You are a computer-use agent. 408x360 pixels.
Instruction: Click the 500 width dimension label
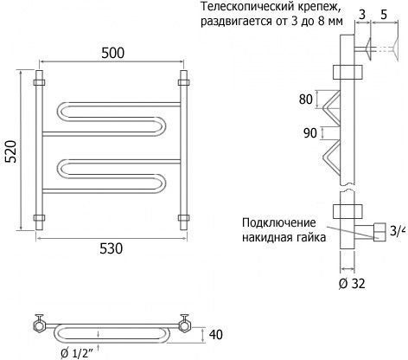click(x=113, y=53)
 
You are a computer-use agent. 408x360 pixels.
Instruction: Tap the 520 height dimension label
click(x=11, y=151)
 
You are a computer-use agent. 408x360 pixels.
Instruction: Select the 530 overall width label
click(x=112, y=248)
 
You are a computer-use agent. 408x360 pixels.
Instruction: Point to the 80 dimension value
click(x=306, y=100)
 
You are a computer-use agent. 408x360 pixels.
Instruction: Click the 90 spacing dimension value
click(x=310, y=133)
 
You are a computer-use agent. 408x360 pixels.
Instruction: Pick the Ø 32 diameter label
click(x=352, y=284)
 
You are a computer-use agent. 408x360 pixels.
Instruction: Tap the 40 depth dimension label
click(x=216, y=335)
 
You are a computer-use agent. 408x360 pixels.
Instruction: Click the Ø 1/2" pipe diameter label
click(x=77, y=353)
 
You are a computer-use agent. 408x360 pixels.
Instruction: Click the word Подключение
click(x=279, y=222)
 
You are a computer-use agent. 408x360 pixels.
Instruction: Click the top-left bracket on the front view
click(x=39, y=82)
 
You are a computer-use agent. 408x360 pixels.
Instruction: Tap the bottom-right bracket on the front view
click(x=183, y=217)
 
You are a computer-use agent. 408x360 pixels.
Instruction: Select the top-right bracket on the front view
click(x=183, y=82)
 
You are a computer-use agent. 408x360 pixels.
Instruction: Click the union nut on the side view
click(x=379, y=232)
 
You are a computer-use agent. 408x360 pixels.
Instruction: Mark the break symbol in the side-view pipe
click(x=347, y=188)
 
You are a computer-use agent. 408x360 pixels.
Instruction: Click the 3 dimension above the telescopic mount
click(x=362, y=14)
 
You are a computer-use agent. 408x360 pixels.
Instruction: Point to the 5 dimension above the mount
click(x=384, y=14)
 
